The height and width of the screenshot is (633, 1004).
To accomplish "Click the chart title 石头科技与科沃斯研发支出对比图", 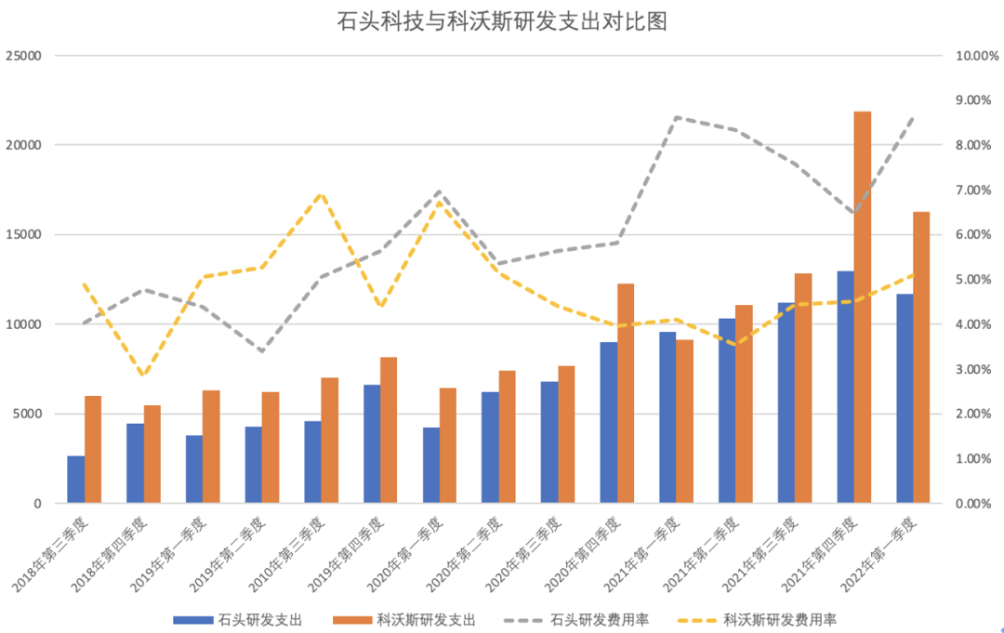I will (x=502, y=20).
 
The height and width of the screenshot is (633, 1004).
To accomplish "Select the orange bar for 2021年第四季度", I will (x=862, y=307).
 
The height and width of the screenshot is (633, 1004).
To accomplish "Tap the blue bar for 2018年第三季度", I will (x=75, y=480).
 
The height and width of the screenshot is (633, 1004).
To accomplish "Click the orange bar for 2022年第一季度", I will (x=921, y=358).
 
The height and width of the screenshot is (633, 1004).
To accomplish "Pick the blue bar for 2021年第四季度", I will (x=845, y=387).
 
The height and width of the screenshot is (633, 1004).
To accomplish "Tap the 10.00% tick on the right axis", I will (x=977, y=56).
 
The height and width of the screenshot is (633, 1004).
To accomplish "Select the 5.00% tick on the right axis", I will (x=975, y=280).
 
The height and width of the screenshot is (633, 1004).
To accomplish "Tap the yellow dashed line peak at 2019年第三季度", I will (x=321, y=194).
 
